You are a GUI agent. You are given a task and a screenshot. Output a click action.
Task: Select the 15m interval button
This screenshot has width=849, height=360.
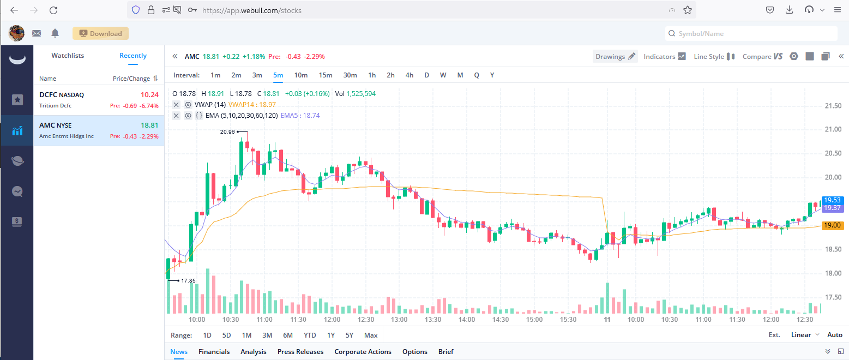(326, 75)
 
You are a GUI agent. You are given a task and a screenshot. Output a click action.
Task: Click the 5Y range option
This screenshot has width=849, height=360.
(349, 335)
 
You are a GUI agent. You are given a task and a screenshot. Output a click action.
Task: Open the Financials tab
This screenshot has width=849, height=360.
(214, 352)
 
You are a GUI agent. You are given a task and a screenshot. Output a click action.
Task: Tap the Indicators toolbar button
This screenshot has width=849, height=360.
(664, 56)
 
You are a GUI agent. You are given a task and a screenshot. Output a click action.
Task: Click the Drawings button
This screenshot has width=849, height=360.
(615, 56)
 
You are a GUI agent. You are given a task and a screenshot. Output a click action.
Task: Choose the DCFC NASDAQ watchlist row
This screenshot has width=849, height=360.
(99, 100)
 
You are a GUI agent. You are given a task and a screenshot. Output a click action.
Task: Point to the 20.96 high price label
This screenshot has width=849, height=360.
(227, 131)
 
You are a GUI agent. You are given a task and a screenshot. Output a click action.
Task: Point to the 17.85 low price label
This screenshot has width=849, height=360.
(188, 280)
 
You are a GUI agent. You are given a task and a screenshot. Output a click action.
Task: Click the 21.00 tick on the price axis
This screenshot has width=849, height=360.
(834, 129)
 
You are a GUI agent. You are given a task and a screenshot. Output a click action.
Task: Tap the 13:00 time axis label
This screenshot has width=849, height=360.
(399, 320)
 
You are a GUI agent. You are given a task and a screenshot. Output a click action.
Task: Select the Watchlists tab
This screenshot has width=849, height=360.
(68, 56)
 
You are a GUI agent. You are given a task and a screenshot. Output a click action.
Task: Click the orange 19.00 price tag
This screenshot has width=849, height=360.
(833, 225)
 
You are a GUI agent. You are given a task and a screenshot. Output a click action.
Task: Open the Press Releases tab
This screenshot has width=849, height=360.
(300, 352)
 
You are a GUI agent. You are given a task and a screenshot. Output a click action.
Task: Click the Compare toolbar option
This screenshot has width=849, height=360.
(762, 56)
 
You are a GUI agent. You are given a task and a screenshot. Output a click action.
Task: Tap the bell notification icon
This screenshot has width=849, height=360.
(55, 33)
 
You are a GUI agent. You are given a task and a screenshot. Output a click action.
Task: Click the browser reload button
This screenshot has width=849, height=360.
(53, 10)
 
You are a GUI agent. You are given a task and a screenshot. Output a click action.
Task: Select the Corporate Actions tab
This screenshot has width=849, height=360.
(363, 352)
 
